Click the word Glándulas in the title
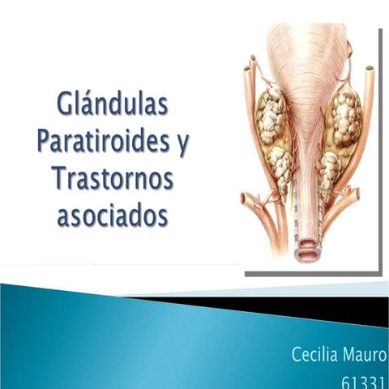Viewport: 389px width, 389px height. [113, 106]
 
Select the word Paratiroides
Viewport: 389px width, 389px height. [104, 143]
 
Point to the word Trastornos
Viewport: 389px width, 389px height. [113, 179]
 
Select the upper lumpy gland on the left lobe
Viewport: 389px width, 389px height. [271, 113]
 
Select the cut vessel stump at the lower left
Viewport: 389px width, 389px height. [247, 199]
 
